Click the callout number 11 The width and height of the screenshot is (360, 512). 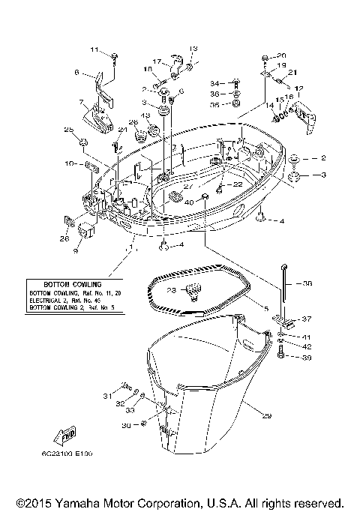pyautogui.click(x=94, y=49)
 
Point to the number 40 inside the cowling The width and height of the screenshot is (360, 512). pyautogui.click(x=189, y=202)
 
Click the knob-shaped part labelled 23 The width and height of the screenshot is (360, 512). pyautogui.click(x=193, y=289)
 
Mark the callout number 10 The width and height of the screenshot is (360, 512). pyautogui.click(x=68, y=163)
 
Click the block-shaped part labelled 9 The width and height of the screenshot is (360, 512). pyautogui.click(x=84, y=229)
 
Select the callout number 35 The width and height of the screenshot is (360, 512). pyautogui.click(x=214, y=105)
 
